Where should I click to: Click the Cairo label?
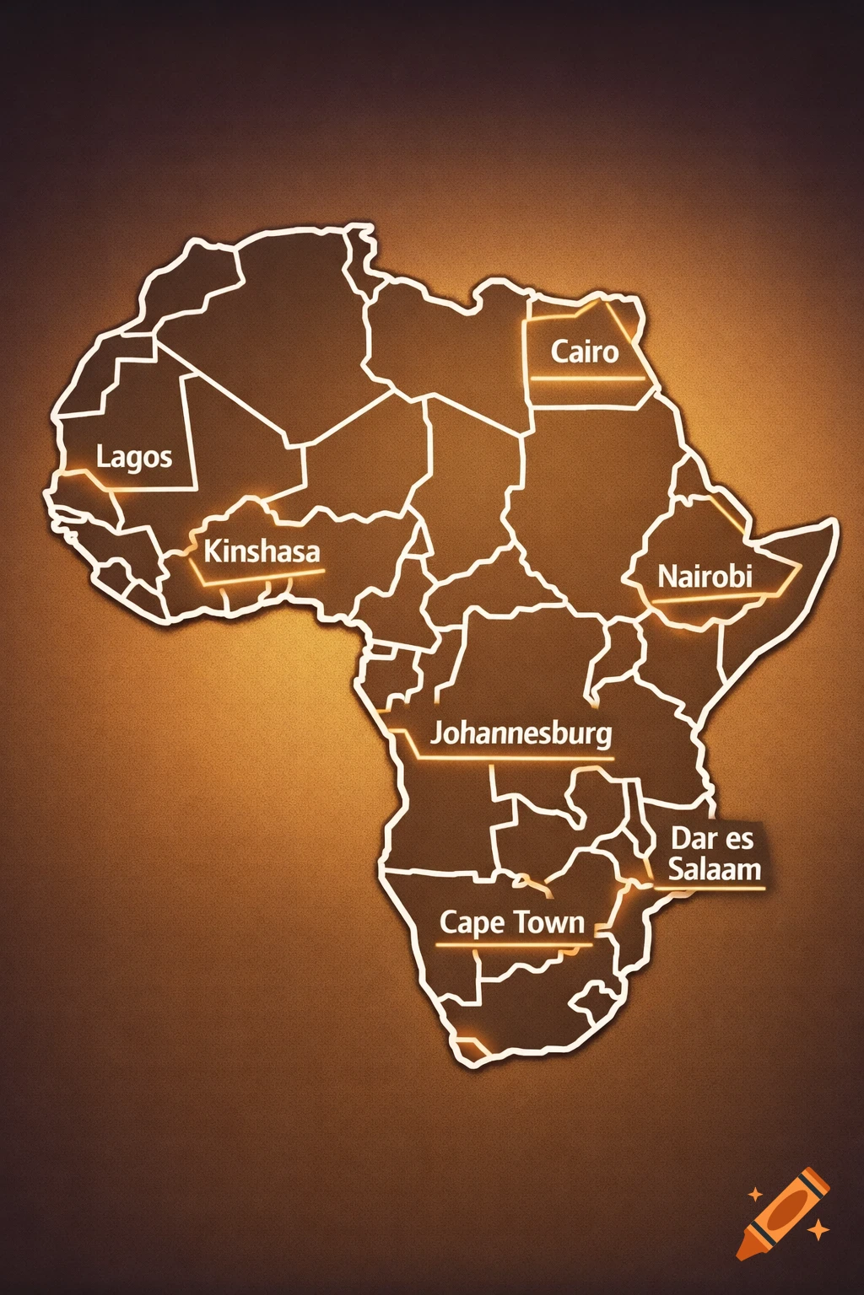585,352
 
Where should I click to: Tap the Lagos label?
134,458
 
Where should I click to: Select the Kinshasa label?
262,552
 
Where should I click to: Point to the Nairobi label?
705,578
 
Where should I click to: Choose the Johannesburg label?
521,733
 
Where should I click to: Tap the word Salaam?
715,869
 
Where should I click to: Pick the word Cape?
472,923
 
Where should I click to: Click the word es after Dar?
738,840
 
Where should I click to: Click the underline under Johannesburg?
515,759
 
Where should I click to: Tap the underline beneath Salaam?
710,887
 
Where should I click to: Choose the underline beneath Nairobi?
709,599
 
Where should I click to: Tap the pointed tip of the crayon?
742,1255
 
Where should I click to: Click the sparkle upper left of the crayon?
755,1195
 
